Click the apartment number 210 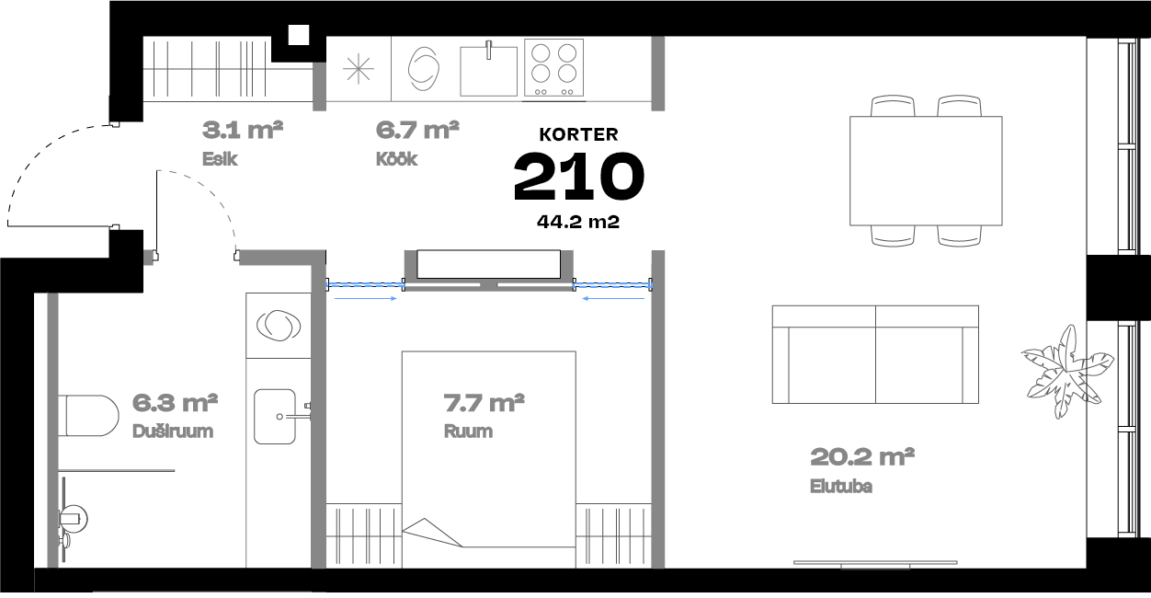coord(578,177)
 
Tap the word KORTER coord(578,134)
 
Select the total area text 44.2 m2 coord(578,222)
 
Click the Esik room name coord(220,159)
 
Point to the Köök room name coord(396,159)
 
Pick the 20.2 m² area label coord(862,457)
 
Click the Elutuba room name coord(841,486)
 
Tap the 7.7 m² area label coord(484,403)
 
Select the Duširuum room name coord(173,431)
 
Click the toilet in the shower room coord(88,416)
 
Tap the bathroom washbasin coord(275,417)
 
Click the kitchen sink coord(488,71)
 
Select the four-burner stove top coord(554,67)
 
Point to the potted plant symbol coord(1067,372)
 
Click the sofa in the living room coord(875,354)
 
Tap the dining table coord(926,171)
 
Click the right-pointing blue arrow coord(366,298)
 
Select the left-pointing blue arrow coord(613,298)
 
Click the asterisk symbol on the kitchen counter coord(359,69)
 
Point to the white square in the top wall coord(299,35)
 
